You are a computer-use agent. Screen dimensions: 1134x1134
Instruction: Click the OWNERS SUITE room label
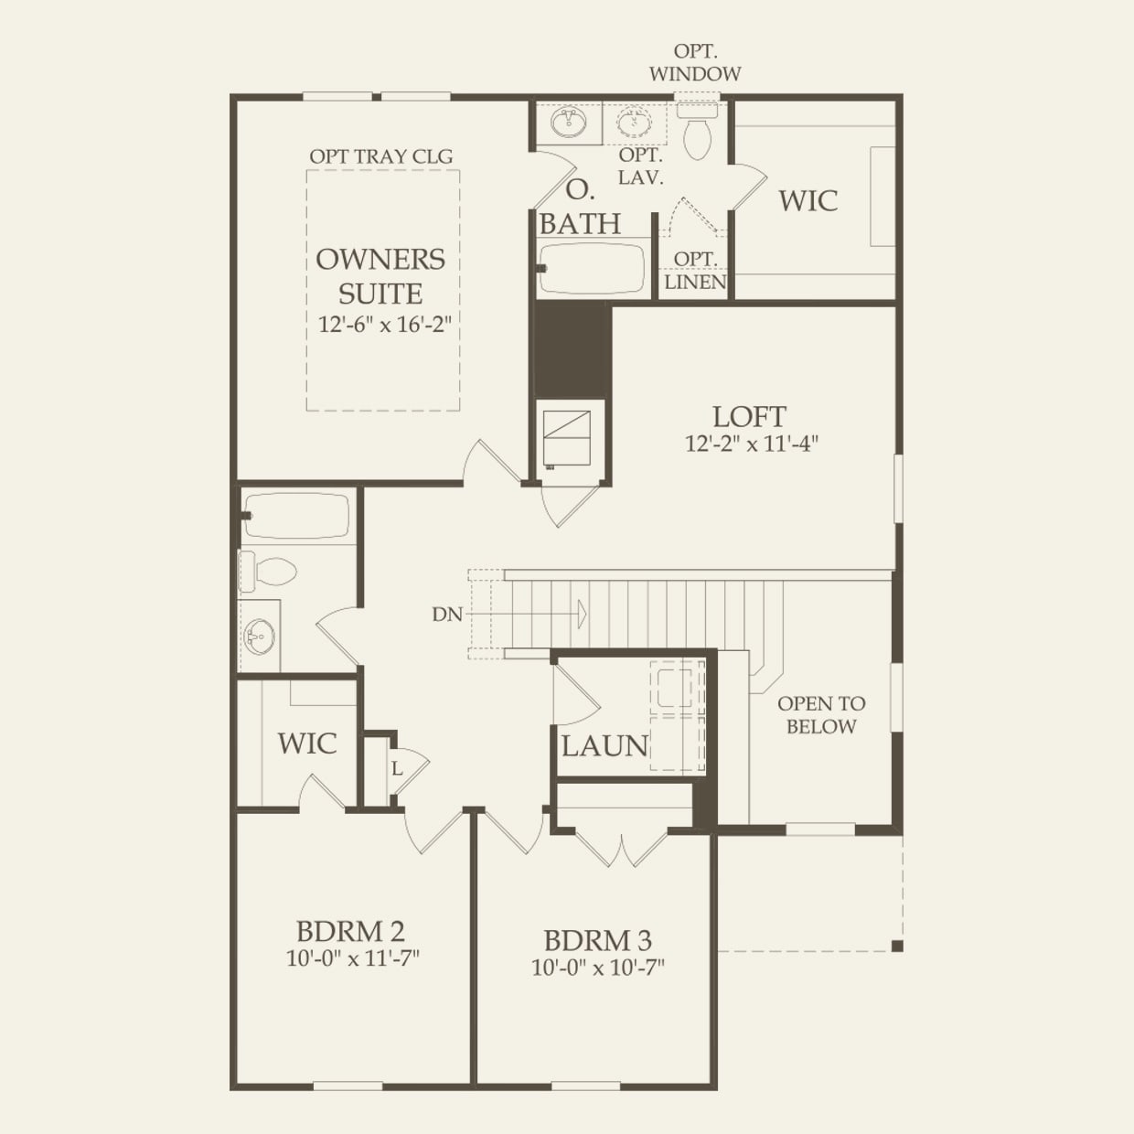[x=380, y=276]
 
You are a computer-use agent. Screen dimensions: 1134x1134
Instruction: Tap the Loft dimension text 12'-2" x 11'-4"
[x=752, y=444]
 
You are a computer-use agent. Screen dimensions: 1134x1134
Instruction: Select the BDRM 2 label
[x=351, y=932]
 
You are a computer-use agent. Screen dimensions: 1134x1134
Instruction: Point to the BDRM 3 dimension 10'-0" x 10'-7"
[x=598, y=968]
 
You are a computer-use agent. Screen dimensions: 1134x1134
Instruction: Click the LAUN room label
[x=604, y=745]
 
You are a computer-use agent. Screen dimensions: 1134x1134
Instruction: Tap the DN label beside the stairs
[x=447, y=615]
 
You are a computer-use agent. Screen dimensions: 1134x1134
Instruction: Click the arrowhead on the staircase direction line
[x=582, y=614]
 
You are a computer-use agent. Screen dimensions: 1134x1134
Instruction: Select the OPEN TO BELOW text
[x=821, y=715]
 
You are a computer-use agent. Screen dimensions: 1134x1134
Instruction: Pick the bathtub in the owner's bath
[x=592, y=269]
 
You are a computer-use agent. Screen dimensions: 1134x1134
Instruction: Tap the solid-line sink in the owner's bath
[x=569, y=123]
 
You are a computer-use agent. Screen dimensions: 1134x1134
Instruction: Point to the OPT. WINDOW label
[x=695, y=62]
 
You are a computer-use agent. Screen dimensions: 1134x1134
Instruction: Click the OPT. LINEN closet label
[x=695, y=271]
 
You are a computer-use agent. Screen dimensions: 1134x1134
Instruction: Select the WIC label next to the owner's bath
[x=808, y=200]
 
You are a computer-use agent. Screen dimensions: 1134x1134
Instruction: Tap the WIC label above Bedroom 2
[x=307, y=744]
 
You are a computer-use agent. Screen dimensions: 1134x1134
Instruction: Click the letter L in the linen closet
[x=397, y=768]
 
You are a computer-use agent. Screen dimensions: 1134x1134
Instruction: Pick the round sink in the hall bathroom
[x=260, y=637]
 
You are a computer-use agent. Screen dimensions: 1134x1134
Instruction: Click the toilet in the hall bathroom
[x=266, y=571]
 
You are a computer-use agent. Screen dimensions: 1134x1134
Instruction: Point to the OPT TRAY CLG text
[x=381, y=156]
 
